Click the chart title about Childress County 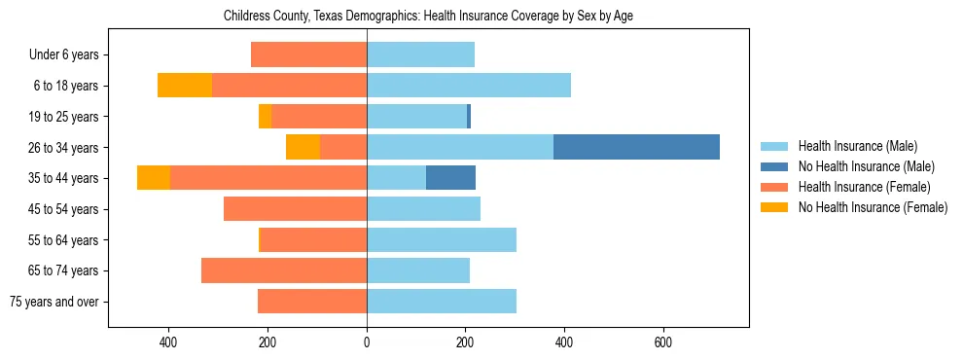pos(428,17)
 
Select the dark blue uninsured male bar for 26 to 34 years pos(636,147)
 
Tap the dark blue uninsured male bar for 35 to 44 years pos(450,178)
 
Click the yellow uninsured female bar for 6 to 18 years pos(185,86)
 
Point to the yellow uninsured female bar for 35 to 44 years pos(154,178)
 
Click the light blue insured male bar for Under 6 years pos(420,54)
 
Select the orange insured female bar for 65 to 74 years pos(284,270)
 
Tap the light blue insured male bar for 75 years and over pos(442,302)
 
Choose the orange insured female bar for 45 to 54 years pos(295,209)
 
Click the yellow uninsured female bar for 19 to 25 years pos(265,117)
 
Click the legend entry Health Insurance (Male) pos(857,146)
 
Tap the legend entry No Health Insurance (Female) pos(873,207)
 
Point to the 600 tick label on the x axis pos(663,342)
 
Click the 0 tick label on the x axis pos(367,342)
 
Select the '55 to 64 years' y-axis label pos(63,240)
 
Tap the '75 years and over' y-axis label pos(54,302)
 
